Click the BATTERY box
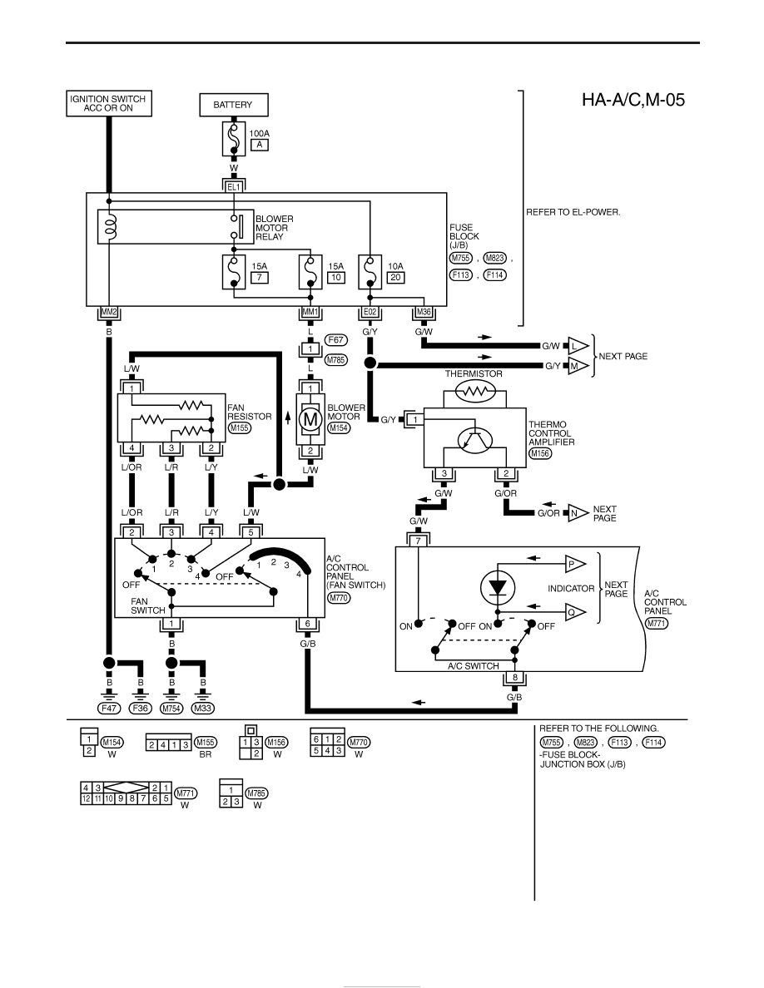tap(233, 105)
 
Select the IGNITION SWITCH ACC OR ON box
tap(109, 103)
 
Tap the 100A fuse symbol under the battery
tap(233, 139)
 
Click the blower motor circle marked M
tap(310, 419)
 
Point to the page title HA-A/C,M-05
tap(633, 100)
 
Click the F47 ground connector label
tap(109, 709)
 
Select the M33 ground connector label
tap(202, 709)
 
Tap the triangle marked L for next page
tap(577, 346)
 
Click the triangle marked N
tap(577, 513)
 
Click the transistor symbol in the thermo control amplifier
tap(475, 441)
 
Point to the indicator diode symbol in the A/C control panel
tap(498, 588)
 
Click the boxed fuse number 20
tap(395, 277)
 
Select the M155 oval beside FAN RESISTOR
tap(240, 427)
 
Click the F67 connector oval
tap(336, 340)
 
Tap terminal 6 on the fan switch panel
tap(308, 624)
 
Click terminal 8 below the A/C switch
tap(515, 678)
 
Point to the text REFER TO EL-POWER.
tap(573, 212)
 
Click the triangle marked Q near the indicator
tap(575, 612)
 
